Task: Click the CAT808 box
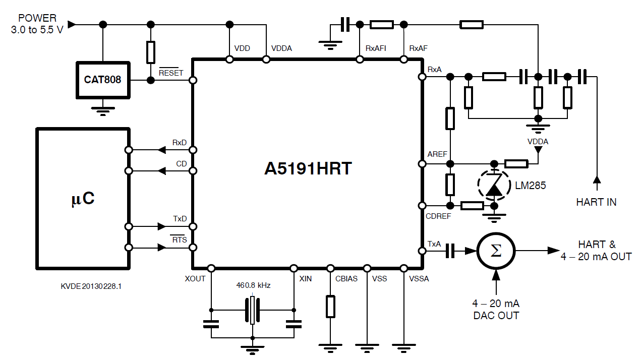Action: pyautogui.click(x=103, y=80)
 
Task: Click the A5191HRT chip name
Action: pyautogui.click(x=308, y=169)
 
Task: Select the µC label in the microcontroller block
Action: pyautogui.click(x=82, y=199)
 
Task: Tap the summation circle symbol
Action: pyautogui.click(x=496, y=251)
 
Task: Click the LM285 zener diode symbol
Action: pyautogui.click(x=494, y=185)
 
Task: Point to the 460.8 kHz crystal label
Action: pyautogui.click(x=253, y=285)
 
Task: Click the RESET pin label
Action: pyautogui.click(x=171, y=73)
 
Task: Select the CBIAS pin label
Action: pyautogui.click(x=346, y=278)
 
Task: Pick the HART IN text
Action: pyautogui.click(x=596, y=202)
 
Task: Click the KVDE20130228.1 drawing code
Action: pyautogui.click(x=91, y=286)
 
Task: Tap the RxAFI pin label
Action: pyautogui.click(x=376, y=49)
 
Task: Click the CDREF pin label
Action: pyautogui.click(x=438, y=216)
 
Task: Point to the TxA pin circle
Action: pyautogui.click(x=422, y=251)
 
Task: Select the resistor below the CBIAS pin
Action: pyautogui.click(x=330, y=307)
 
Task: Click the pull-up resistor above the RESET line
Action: pyautogui.click(x=150, y=52)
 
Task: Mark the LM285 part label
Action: pyautogui.click(x=531, y=186)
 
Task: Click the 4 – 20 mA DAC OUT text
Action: pyautogui.click(x=496, y=310)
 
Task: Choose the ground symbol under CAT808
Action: pyautogui.click(x=103, y=110)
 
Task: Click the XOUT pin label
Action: pyautogui.click(x=195, y=278)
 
